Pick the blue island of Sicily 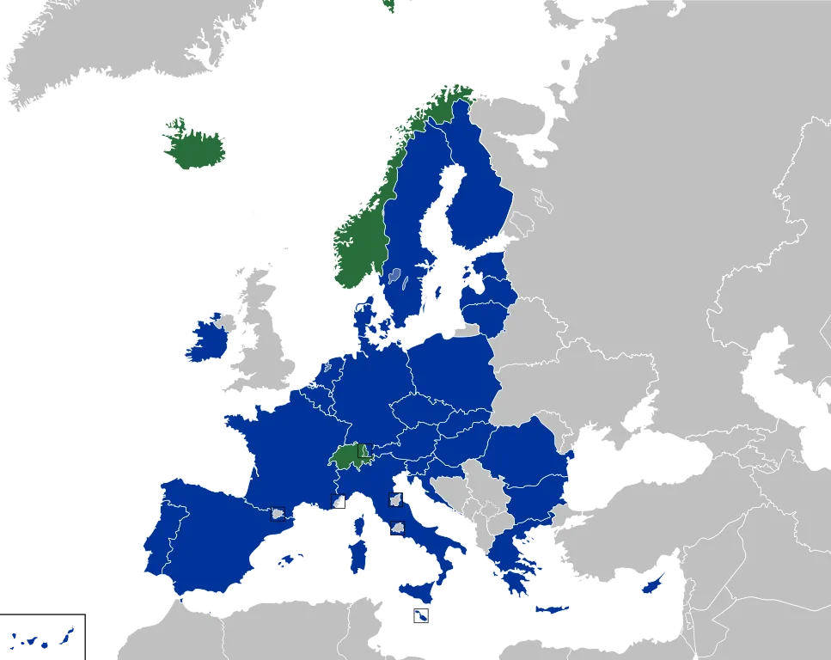tap(416, 592)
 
